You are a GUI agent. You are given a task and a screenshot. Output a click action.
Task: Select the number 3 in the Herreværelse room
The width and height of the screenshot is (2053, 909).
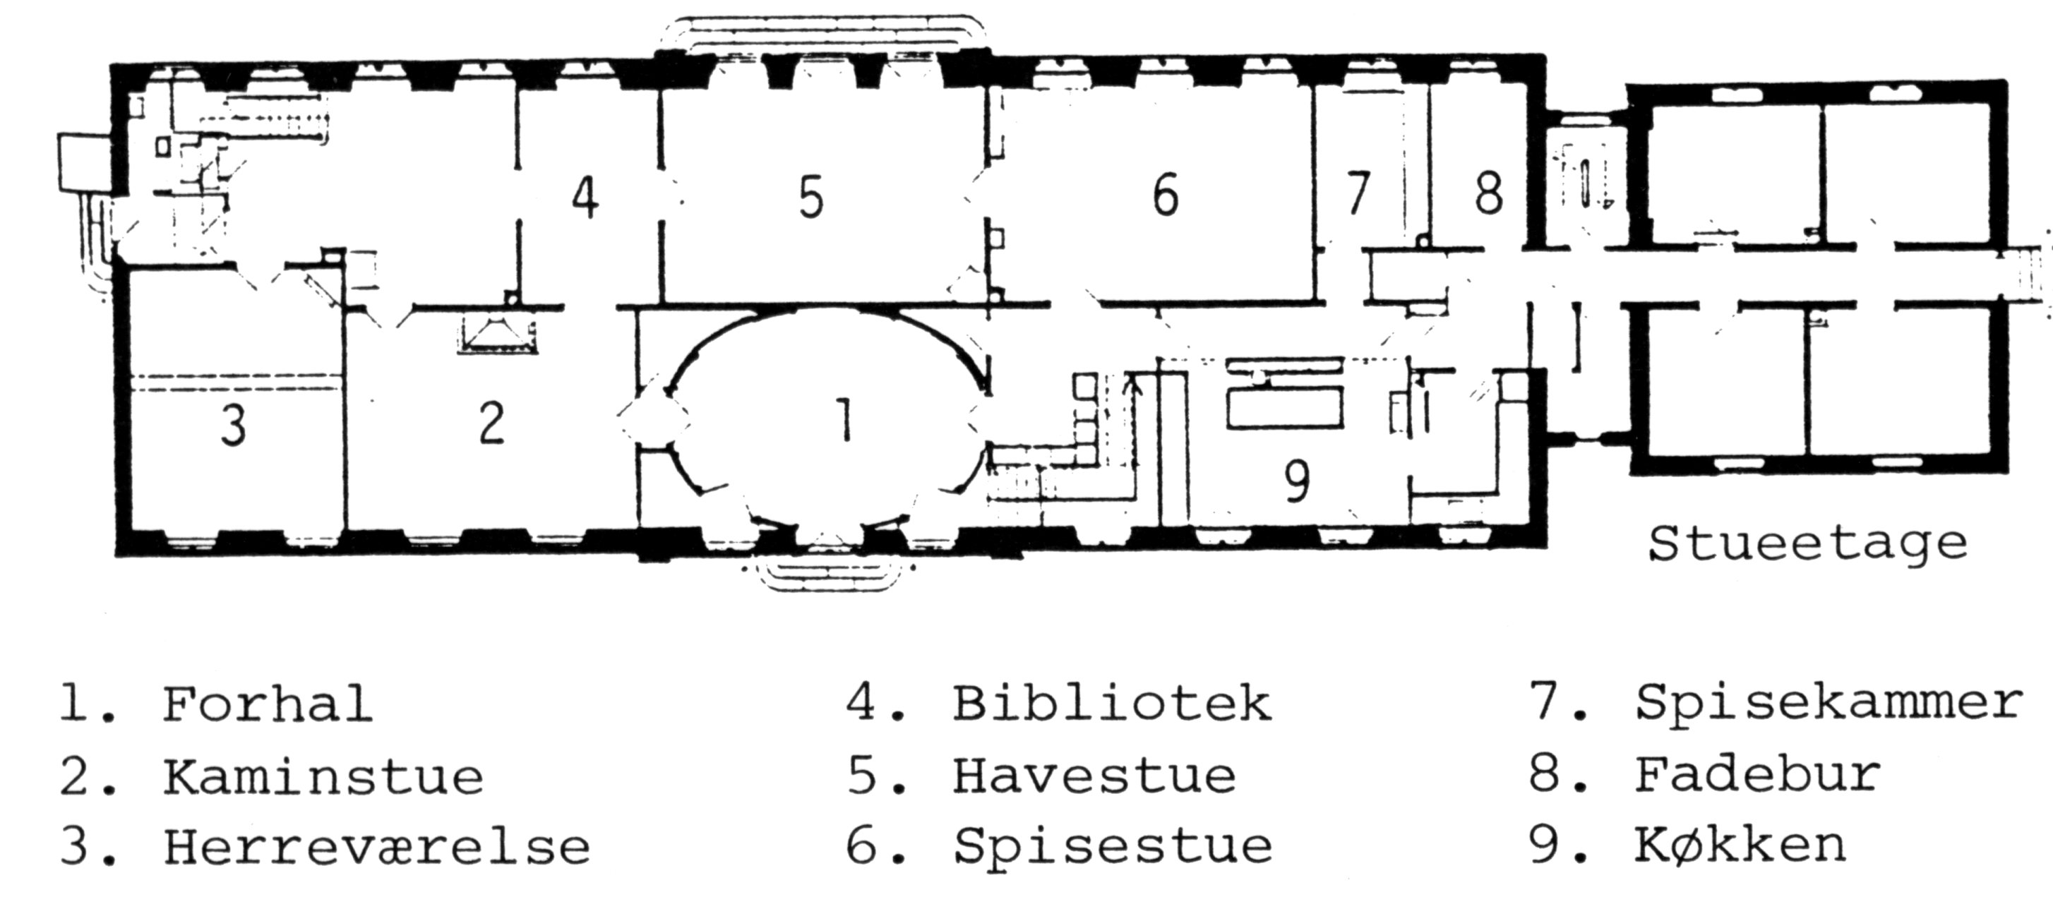click(x=233, y=426)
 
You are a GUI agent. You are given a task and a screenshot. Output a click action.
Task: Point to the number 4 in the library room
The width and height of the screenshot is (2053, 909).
click(x=586, y=197)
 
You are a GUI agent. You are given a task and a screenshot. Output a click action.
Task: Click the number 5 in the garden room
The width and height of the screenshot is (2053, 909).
click(x=810, y=198)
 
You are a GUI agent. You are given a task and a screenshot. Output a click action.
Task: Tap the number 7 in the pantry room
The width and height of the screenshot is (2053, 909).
click(x=1357, y=193)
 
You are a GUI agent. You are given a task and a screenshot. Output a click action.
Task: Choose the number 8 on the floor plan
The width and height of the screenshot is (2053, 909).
click(x=1488, y=193)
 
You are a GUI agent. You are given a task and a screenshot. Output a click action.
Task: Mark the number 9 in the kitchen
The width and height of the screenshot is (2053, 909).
click(x=1298, y=481)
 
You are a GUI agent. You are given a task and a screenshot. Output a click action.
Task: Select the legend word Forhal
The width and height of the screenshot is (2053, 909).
click(x=268, y=704)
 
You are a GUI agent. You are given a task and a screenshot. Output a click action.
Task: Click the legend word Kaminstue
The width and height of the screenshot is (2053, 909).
click(x=323, y=776)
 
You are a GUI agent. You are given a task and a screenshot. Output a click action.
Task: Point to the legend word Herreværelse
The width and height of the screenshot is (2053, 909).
click(x=377, y=846)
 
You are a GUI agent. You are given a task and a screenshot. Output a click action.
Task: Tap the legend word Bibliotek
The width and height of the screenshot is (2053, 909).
click(x=1112, y=703)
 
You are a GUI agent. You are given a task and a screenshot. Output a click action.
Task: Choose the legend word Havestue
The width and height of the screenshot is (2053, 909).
click(x=1094, y=775)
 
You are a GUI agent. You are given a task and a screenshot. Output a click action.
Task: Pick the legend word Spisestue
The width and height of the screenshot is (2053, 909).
click(x=1113, y=846)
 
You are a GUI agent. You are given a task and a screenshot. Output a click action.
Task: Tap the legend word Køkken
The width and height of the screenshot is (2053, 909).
click(x=1740, y=846)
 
